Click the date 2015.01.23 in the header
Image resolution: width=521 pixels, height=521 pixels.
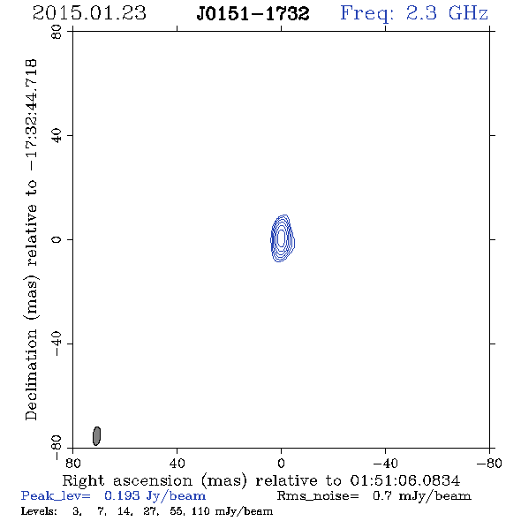89,13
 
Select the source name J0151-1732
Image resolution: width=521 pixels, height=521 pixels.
253,13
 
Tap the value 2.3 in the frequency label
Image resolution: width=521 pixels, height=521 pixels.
421,13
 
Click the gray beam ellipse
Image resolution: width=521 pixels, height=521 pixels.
96,436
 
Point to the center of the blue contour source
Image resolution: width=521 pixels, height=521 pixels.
283,238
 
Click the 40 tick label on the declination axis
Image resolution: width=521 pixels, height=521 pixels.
57,136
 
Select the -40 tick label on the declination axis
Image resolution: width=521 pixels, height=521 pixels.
57,344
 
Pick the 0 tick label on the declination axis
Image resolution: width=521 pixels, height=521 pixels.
57,239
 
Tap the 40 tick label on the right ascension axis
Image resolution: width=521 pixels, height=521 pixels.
177,463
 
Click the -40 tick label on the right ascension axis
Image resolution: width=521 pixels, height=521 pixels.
385,463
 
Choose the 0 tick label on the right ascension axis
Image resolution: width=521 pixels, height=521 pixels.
281,463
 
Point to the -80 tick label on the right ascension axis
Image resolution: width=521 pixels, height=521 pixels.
489,463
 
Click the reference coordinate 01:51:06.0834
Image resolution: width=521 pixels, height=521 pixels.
405,480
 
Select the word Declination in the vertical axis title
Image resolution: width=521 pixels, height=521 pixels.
31,375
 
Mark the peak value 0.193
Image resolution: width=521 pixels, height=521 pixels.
122,495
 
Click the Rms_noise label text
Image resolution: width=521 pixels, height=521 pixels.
318,496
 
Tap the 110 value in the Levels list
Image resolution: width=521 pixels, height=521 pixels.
200,510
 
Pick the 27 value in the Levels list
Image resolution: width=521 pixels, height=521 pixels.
150,511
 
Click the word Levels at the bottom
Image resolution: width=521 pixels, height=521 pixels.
39,510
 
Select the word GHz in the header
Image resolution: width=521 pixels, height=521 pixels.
468,13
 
